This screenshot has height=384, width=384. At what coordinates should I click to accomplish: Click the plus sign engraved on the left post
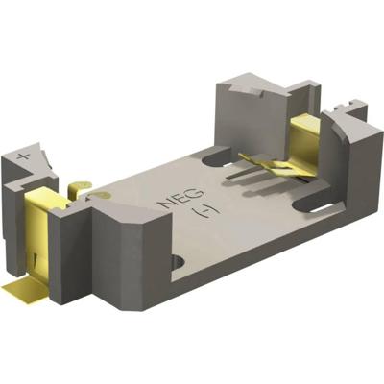click(22, 154)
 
